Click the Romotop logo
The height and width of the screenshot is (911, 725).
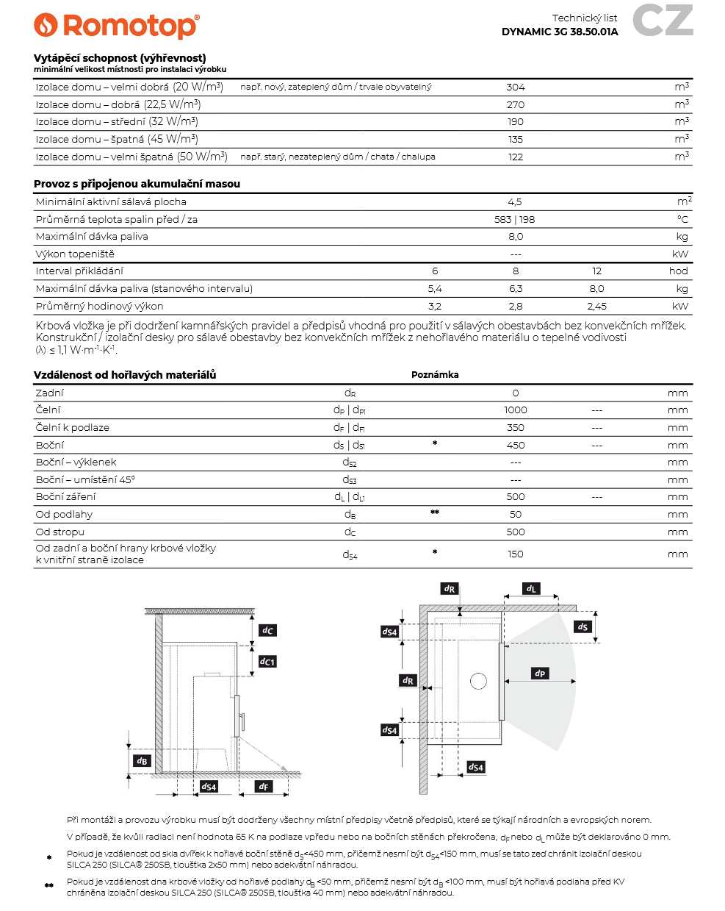(117, 26)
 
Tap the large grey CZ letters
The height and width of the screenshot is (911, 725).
(663, 21)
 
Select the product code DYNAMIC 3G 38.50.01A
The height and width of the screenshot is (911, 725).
(560, 32)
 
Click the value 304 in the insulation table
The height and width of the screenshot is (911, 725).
(516, 87)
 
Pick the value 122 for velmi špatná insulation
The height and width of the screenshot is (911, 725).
(516, 157)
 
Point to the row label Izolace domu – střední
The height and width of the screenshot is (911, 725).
(117, 121)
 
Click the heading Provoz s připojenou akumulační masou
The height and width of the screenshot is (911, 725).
(137, 184)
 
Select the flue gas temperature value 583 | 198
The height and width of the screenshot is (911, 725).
(515, 219)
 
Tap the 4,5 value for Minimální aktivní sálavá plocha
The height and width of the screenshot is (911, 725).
(515, 201)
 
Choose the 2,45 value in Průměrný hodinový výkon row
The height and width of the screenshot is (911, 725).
(596, 306)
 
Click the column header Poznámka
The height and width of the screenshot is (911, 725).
(435, 375)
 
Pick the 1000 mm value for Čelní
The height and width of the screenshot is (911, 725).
(516, 410)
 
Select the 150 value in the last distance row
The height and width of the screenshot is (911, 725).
(516, 554)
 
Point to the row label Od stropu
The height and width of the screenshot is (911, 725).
(60, 532)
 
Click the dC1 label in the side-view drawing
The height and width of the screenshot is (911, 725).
(267, 662)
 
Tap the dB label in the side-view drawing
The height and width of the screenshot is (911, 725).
(142, 761)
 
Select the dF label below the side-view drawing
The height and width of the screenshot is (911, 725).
(264, 787)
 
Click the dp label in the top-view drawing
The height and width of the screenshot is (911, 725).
(540, 674)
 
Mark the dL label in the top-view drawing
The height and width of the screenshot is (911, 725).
(531, 589)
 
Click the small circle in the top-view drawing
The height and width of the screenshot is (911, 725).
(478, 682)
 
